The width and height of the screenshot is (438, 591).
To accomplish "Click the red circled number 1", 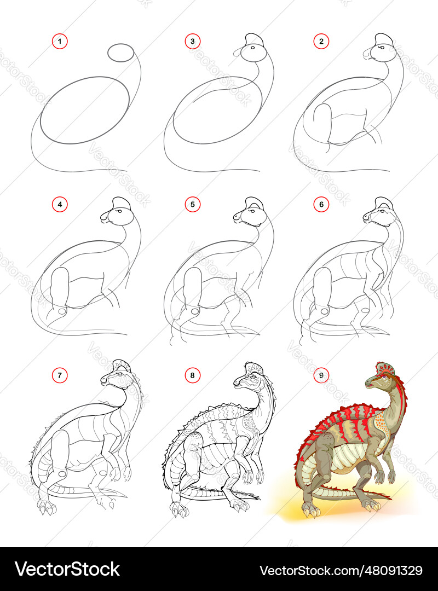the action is pos(60,41).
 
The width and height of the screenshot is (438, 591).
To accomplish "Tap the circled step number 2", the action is pos(321,41).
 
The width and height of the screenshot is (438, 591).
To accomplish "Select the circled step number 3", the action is pos(192,41).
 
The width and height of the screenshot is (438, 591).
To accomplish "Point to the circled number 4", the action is pos(60,205).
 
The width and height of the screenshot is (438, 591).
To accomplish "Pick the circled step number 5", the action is pos(192,205).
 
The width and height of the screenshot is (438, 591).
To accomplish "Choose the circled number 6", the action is pos(321,205).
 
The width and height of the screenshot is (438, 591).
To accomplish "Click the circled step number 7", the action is pos(60,375).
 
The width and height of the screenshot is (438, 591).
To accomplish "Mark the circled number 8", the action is pos(192,375).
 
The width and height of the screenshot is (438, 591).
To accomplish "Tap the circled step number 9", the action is pos(321,375).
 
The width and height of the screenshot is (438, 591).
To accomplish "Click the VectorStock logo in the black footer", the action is pos(67,569).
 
